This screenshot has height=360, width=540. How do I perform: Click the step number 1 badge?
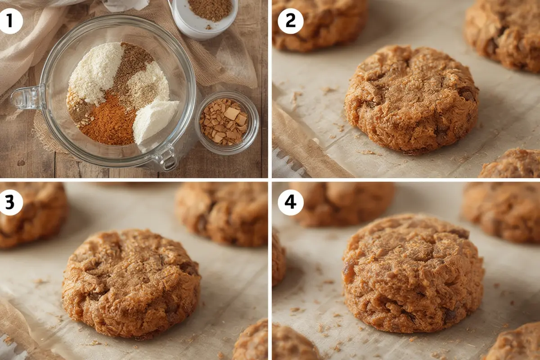pos(11,21)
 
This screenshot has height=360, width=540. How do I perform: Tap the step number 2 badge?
pos(290,21)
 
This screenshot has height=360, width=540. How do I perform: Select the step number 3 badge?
pos(11,202)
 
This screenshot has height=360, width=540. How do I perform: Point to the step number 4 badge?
pos(290,202)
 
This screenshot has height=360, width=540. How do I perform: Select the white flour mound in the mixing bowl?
pos(96,72)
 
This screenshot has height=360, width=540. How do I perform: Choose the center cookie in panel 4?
pos(413,272)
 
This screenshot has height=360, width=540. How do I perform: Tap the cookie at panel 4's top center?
pos(342,202)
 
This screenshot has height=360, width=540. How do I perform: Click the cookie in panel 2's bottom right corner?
pos(511,164)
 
